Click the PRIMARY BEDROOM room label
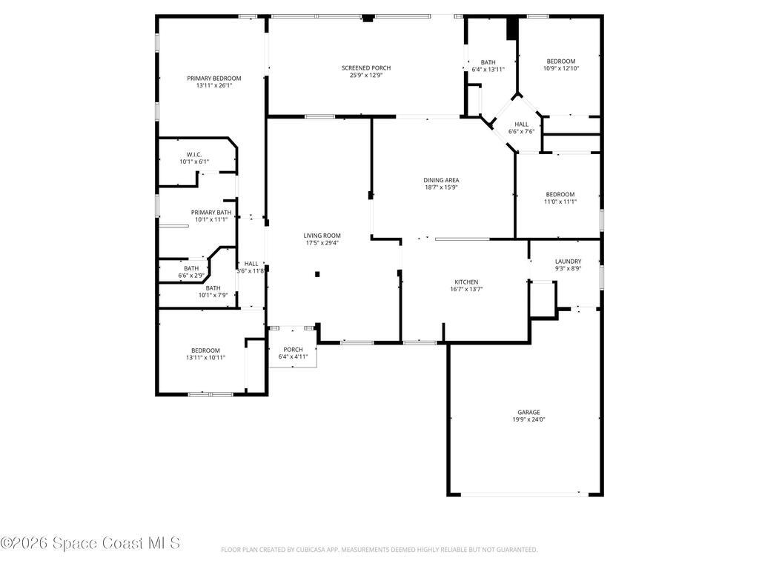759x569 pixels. [x=214, y=78]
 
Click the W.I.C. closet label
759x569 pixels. [x=194, y=154]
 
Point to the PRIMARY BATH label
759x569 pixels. [x=211, y=212]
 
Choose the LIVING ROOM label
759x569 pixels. [x=322, y=236]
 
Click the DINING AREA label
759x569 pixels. [x=441, y=180]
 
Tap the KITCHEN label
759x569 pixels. [x=466, y=282]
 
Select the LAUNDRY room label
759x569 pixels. [x=568, y=261]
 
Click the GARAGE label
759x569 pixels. [x=528, y=412]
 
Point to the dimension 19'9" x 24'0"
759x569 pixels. [x=528, y=419]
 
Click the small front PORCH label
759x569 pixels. [x=293, y=350]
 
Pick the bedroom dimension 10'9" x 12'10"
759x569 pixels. [x=560, y=68]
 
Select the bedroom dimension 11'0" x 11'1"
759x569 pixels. [x=560, y=202]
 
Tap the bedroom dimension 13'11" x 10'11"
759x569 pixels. [x=205, y=357]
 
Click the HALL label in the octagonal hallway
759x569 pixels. [x=521, y=124]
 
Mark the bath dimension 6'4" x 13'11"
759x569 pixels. [x=488, y=70]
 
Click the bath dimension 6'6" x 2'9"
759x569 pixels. [x=191, y=276]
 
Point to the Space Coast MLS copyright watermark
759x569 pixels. [x=90, y=543]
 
